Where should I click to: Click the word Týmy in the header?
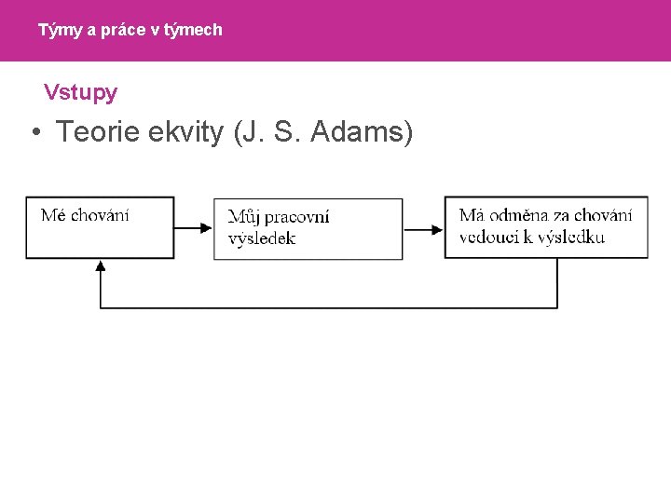point(56,30)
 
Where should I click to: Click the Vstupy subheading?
point(80,92)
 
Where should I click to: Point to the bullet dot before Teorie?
point(34,134)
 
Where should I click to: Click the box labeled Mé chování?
point(100,226)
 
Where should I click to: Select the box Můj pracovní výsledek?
point(308,228)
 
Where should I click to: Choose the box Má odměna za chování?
point(545,226)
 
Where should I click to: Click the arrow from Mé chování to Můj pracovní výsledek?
point(194,227)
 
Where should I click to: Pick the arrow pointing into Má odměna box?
point(424,227)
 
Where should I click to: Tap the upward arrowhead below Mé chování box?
point(101,265)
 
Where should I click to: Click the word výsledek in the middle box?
point(262,238)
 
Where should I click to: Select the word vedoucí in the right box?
point(488,237)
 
